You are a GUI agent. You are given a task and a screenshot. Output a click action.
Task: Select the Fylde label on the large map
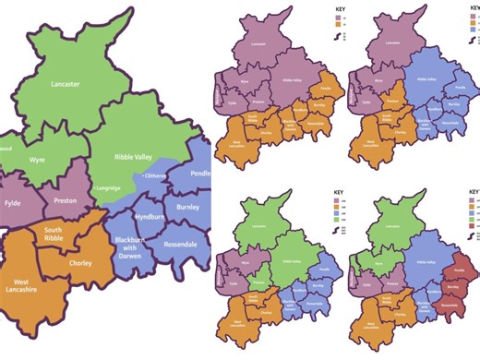[11, 200]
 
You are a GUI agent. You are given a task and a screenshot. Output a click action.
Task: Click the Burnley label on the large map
[187, 208]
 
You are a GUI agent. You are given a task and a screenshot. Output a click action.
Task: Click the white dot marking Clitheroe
[142, 175]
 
